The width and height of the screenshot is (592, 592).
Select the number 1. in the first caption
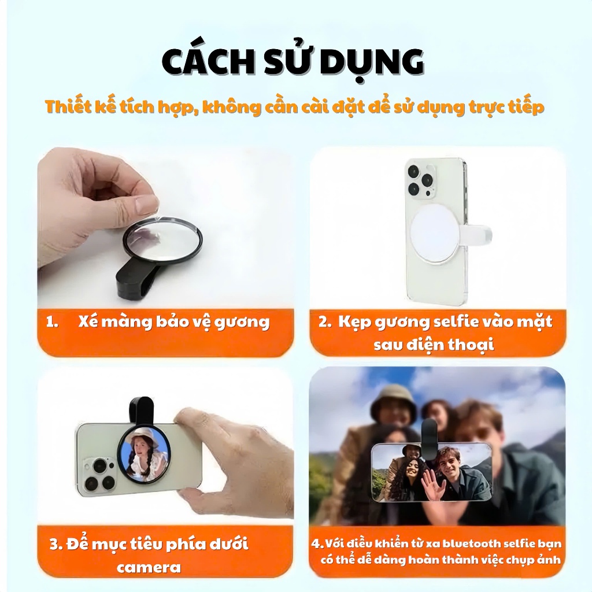point(52,322)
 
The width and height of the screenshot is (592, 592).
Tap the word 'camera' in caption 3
point(149,568)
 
